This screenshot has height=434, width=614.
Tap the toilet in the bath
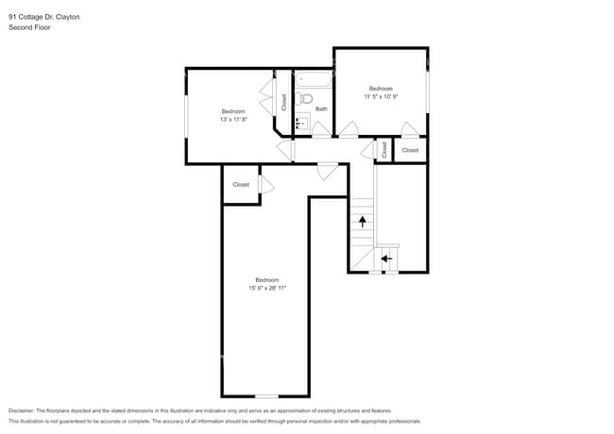click(305, 99)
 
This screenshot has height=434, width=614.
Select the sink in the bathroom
click(301, 123)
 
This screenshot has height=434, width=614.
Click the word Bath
click(321, 108)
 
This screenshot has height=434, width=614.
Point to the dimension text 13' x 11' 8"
click(233, 120)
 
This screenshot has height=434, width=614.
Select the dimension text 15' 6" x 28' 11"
click(266, 288)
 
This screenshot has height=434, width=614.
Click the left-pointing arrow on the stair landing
click(385, 257)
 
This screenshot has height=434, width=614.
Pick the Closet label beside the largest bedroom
click(241, 185)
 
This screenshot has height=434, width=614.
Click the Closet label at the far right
click(410, 150)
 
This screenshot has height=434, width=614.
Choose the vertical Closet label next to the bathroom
click(283, 103)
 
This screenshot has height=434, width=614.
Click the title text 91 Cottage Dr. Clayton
click(45, 16)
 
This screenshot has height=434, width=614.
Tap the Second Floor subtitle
click(29, 28)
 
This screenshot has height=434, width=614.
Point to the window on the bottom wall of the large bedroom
click(266, 395)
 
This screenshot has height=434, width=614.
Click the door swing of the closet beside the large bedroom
click(266, 185)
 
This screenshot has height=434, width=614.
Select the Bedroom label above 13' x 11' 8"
click(233, 111)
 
